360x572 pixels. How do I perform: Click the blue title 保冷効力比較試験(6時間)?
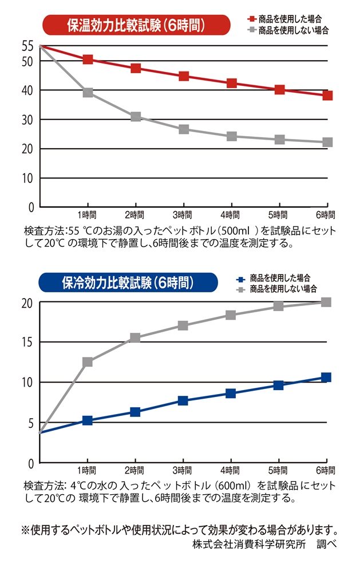point(128,283)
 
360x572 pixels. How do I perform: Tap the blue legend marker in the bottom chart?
point(241,280)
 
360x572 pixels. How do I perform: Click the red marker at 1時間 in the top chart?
point(88,59)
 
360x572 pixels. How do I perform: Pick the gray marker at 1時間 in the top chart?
point(88,93)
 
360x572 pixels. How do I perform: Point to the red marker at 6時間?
point(327,96)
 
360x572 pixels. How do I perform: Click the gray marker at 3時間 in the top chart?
point(184,129)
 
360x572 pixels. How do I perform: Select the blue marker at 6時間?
point(326,378)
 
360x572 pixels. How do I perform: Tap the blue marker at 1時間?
point(88,420)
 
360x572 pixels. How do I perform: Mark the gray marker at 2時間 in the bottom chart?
point(135,338)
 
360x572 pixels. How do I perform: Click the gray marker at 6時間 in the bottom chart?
point(326,302)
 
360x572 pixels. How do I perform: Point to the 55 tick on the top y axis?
point(27,46)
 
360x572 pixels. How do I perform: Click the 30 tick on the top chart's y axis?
point(27,120)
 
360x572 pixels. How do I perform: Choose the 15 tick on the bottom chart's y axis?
point(27,342)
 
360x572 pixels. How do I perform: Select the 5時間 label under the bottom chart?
point(278,471)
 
